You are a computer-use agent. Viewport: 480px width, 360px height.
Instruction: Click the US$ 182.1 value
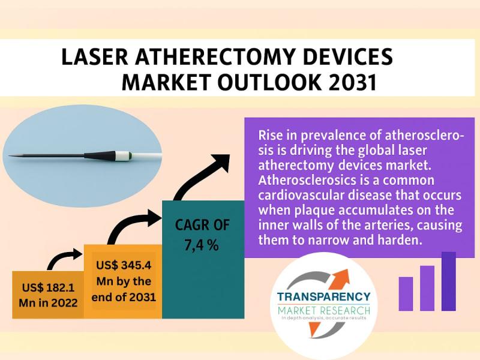(49, 288)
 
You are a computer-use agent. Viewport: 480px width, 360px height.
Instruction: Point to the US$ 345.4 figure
(124, 265)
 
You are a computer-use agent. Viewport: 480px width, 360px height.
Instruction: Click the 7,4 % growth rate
(202, 245)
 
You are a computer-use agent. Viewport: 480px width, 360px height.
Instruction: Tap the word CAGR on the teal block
(189, 225)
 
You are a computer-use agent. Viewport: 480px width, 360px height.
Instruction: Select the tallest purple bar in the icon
(448, 281)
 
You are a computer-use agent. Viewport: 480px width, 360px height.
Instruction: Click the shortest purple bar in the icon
(406, 294)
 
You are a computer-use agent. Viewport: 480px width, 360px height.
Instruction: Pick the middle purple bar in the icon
(427, 288)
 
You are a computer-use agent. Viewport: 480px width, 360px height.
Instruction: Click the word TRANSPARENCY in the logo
(323, 296)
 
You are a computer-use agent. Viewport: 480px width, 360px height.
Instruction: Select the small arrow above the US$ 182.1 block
(65, 259)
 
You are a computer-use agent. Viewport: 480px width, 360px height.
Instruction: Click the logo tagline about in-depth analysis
(324, 318)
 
